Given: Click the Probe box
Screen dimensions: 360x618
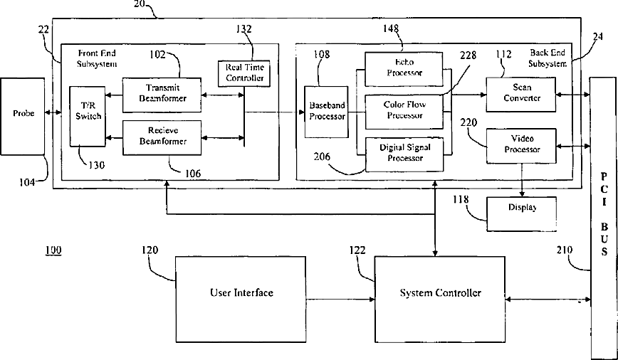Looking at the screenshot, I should tap(23, 116).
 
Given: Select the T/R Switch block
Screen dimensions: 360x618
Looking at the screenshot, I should tap(87, 116).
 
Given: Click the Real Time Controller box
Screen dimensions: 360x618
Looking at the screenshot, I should tap(244, 73).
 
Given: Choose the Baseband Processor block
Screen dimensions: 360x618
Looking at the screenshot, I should tap(327, 110).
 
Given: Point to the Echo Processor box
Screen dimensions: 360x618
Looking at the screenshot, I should tap(404, 68).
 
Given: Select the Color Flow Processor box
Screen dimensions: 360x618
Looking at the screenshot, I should tap(404, 110).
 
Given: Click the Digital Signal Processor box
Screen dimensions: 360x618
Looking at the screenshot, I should tap(404, 153).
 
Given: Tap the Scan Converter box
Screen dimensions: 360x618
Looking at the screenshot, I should tap(522, 94).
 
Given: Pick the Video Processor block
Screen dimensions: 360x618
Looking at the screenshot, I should tap(522, 145).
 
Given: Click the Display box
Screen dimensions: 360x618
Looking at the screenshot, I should tap(522, 208).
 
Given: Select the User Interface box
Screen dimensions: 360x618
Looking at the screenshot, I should tap(241, 293).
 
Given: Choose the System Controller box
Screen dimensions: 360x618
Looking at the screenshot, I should tap(440, 293).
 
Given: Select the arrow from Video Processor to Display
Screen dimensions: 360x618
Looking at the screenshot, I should tap(523, 181).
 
